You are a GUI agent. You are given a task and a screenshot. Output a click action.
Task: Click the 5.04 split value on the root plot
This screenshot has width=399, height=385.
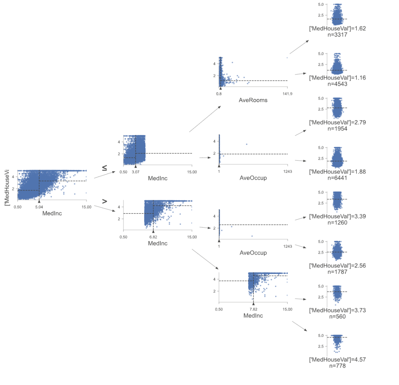(x=39, y=207)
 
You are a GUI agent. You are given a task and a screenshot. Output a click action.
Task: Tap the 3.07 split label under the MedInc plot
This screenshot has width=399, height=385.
(x=135, y=172)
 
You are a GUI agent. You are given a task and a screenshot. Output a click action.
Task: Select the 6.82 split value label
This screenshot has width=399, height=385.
(x=153, y=237)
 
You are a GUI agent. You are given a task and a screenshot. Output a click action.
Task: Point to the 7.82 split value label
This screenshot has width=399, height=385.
(x=253, y=309)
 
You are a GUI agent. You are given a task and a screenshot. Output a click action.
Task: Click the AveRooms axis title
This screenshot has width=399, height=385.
(x=253, y=100)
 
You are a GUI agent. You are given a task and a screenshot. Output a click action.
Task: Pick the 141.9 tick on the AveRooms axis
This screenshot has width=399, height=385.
(x=287, y=94)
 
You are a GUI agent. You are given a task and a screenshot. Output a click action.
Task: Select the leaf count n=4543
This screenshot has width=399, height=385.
(x=337, y=84)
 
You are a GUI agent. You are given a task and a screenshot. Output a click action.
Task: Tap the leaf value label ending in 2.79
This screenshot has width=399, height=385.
(x=337, y=122)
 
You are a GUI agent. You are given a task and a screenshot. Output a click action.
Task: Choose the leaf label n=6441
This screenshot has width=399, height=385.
(x=337, y=178)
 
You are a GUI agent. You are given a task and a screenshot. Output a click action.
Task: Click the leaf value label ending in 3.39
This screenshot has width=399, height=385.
(x=337, y=216)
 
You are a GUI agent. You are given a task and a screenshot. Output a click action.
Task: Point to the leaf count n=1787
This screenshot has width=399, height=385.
(x=337, y=271)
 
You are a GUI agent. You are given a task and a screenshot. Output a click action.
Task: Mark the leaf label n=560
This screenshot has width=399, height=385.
(x=337, y=316)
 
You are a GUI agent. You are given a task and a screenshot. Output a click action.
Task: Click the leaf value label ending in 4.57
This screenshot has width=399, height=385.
(x=337, y=360)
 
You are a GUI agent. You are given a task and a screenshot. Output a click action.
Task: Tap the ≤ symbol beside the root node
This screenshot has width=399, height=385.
(x=105, y=168)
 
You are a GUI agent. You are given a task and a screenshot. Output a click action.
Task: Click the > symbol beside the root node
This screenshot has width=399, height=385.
(x=105, y=201)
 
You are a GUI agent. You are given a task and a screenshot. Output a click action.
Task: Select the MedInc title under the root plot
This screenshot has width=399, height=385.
(x=52, y=214)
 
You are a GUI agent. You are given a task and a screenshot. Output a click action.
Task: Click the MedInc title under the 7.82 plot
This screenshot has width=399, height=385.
(x=253, y=316)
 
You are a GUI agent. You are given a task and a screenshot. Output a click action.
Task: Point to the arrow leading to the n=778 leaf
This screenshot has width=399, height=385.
(x=300, y=327)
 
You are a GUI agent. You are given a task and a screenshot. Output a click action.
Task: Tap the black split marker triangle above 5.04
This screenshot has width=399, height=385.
(x=39, y=201)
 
